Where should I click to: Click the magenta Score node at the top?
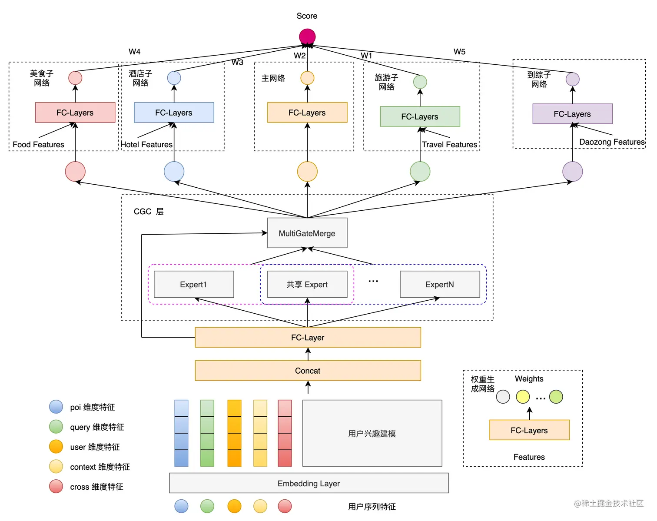point(307,37)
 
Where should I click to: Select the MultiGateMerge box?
point(307,233)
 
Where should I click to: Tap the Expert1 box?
point(194,285)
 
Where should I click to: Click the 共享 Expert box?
point(307,285)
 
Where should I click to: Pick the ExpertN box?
point(440,285)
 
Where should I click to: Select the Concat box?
point(308,371)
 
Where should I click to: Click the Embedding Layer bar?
point(309,483)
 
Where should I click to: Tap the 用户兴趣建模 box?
point(372,433)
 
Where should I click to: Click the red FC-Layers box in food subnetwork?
point(75,113)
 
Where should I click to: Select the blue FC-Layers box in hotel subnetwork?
point(174,113)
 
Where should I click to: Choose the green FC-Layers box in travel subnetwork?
point(420,116)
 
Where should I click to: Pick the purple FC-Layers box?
point(572,114)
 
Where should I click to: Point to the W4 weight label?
point(135,52)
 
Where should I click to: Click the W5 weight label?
point(459,52)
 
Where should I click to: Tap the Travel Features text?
point(449,144)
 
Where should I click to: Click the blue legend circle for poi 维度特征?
point(56,407)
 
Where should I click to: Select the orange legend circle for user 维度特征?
point(56,447)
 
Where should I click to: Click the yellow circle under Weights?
point(523,397)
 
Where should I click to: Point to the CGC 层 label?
point(149,212)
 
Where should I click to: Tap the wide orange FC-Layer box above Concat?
point(308,338)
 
